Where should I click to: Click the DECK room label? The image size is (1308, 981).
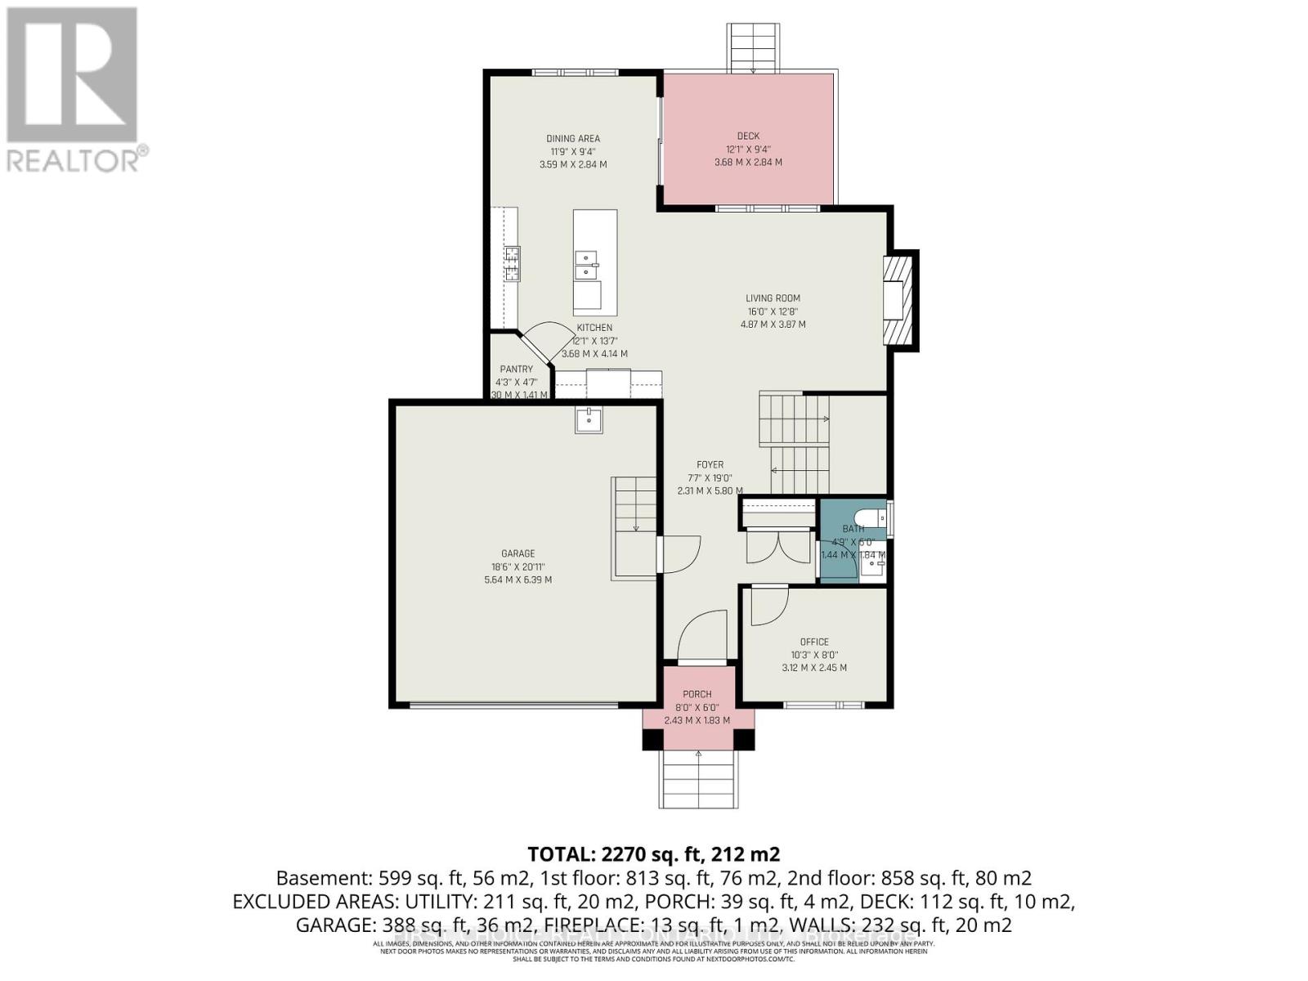coord(747,137)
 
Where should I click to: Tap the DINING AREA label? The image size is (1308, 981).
coord(573,139)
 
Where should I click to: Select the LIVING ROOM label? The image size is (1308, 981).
coord(773,298)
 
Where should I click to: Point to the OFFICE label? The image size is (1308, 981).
coord(814,642)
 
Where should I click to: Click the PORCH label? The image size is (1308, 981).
coord(697,694)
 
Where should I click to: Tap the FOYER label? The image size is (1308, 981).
coord(710,464)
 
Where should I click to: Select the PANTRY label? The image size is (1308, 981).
coord(517,370)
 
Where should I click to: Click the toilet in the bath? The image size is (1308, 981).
coord(867,517)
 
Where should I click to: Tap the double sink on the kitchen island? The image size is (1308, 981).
coord(585,264)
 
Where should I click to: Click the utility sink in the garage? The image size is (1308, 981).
coord(589,420)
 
